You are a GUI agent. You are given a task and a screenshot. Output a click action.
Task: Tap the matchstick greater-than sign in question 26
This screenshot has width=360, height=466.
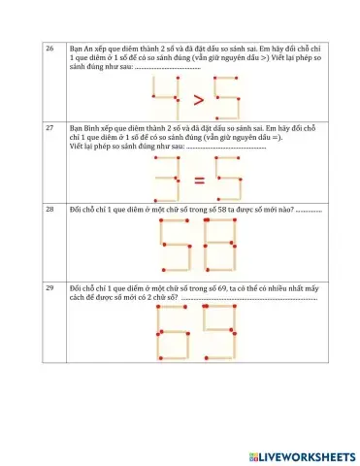click(196, 99)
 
